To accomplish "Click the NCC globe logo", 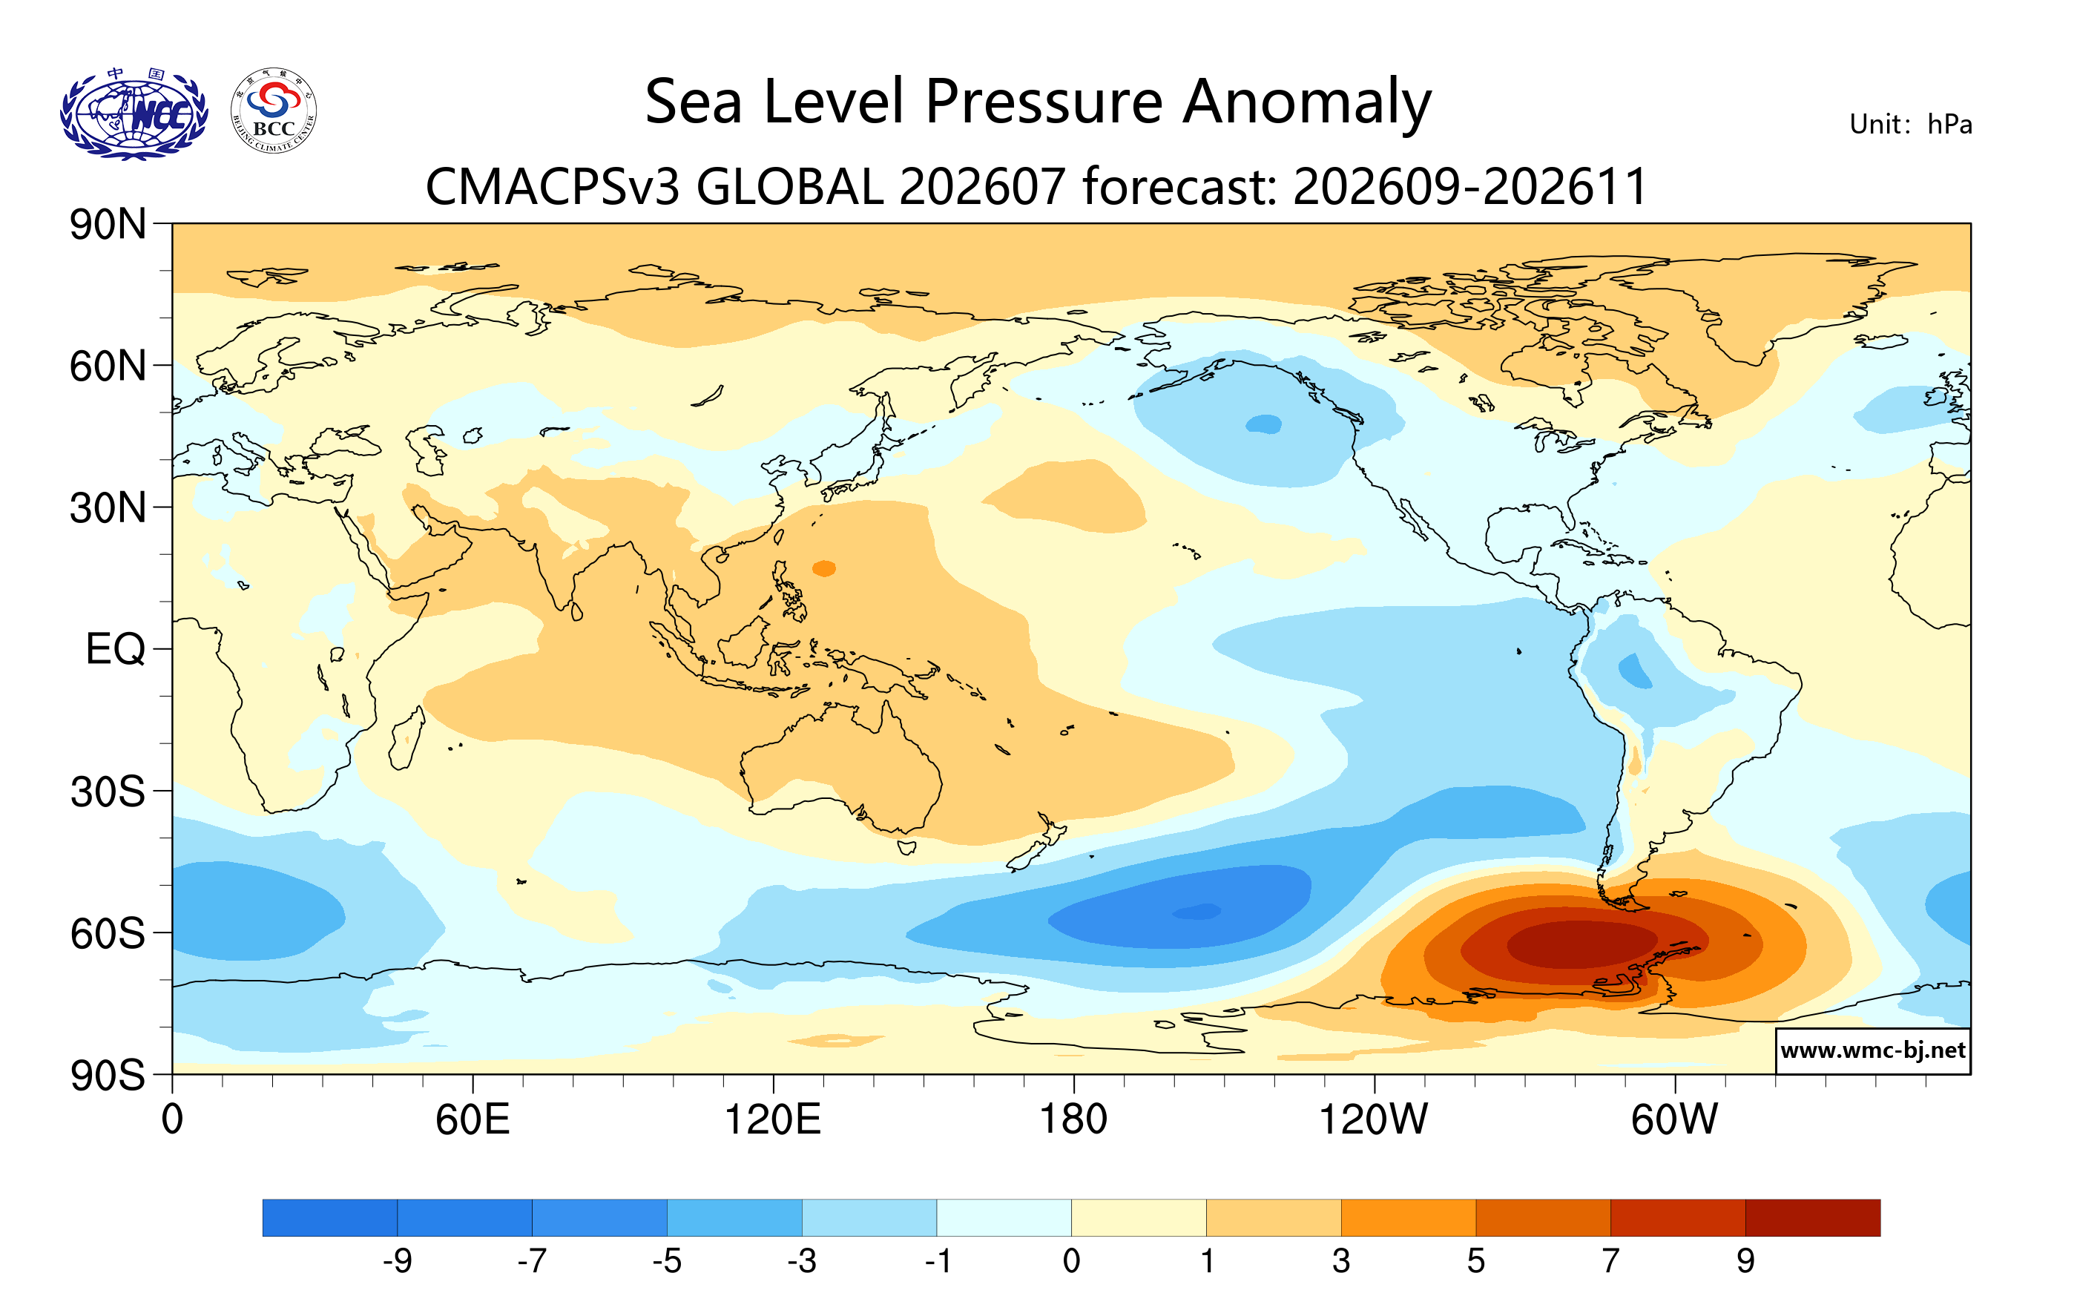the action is (134, 113).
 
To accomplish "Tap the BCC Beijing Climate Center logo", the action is (274, 111).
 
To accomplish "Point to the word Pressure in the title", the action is (1044, 102).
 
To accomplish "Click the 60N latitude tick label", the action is (108, 366).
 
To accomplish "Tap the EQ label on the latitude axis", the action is (116, 649).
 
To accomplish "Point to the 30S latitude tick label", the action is (108, 792).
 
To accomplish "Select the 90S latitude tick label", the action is (108, 1076).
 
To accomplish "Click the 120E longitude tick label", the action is (773, 1119).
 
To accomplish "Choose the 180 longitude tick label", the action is (1073, 1119).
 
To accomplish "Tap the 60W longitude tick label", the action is (1674, 1119).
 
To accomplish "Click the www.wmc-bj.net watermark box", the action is (1872, 1050).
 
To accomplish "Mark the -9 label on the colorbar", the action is (398, 1262).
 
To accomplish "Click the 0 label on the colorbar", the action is (1071, 1262).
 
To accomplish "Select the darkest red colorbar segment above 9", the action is (1813, 1217).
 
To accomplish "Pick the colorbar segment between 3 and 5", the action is (1409, 1217).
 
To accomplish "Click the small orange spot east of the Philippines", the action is (823, 568).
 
